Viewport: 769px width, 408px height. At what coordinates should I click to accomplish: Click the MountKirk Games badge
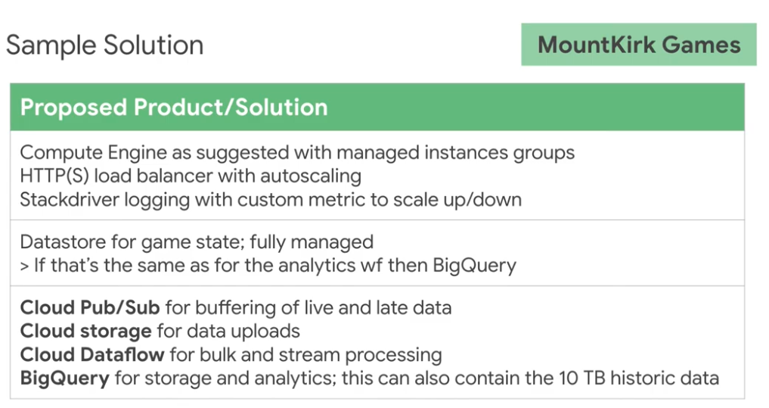639,45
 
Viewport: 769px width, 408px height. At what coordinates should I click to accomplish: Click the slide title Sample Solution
105,45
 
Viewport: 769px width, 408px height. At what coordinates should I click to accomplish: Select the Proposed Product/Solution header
174,107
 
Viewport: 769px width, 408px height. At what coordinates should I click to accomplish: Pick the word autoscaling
313,176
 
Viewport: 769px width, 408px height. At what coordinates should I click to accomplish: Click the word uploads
270,331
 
